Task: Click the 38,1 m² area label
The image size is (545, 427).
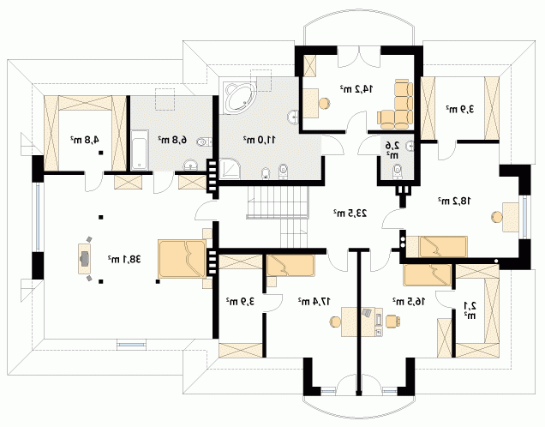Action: pos(124,259)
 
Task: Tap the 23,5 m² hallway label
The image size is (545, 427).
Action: pos(350,213)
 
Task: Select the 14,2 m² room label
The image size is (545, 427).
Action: pos(356,89)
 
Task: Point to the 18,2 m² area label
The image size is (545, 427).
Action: pos(454,201)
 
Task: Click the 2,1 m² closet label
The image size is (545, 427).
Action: pos(470,310)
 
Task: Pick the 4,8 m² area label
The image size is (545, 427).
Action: pos(85,140)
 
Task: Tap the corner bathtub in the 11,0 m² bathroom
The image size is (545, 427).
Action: pos(240,98)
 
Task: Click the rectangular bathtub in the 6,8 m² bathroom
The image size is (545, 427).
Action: pos(140,150)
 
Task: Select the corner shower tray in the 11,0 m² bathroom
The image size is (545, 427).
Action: pos(230,169)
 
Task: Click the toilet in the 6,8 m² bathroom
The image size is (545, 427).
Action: pos(204,141)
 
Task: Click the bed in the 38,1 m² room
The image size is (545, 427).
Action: pos(182,259)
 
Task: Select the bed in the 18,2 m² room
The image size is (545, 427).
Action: pos(437,247)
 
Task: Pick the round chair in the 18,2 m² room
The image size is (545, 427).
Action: pos(497,217)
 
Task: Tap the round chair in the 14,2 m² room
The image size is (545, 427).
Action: pos(324,103)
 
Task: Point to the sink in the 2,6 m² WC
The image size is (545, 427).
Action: pos(410,146)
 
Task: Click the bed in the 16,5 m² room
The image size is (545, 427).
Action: pos(428,275)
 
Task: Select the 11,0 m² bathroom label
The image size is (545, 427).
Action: pos(260,140)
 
